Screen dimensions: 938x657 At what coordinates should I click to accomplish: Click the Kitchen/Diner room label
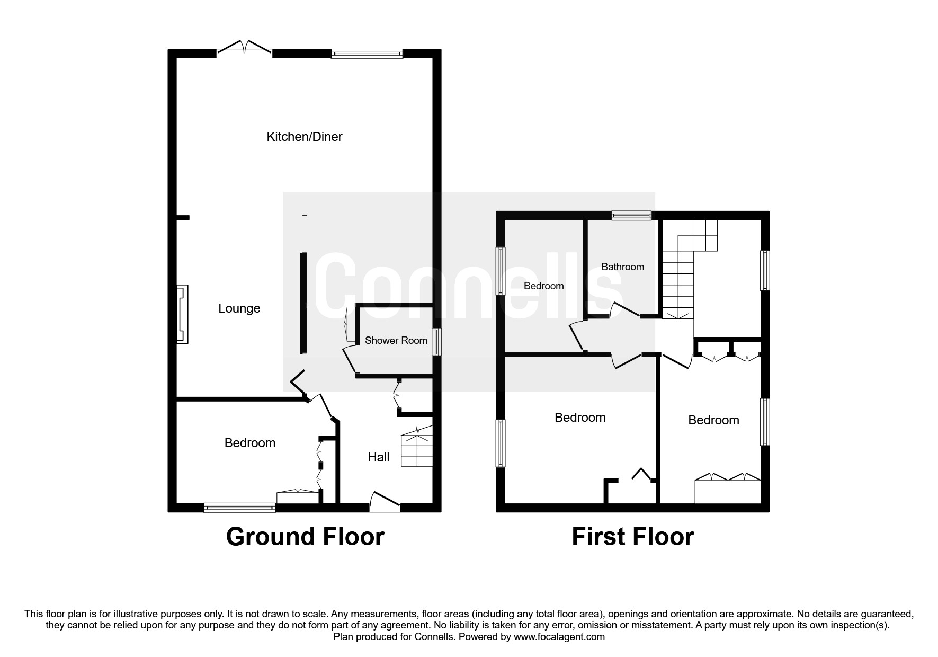[304, 137]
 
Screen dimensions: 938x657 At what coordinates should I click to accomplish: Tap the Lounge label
[239, 308]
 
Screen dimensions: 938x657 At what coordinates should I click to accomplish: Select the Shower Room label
[396, 340]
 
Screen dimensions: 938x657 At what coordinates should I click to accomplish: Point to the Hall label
[379, 457]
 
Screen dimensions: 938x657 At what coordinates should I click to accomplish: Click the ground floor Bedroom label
[250, 443]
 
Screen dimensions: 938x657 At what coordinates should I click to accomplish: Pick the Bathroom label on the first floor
[623, 267]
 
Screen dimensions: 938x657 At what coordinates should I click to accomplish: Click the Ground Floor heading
[305, 537]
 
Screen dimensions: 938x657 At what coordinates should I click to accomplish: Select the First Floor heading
[633, 537]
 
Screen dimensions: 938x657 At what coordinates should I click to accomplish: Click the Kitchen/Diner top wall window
[367, 53]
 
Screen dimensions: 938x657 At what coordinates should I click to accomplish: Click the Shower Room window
[436, 342]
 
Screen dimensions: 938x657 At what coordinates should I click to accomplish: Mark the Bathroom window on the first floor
[631, 215]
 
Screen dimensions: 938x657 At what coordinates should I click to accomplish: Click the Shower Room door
[350, 361]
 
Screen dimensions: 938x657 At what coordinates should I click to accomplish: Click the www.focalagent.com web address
[559, 637]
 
